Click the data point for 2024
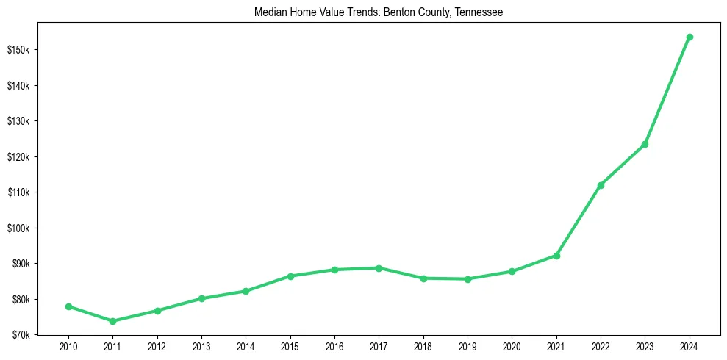(690, 37)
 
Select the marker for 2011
(112, 321)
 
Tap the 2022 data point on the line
(601, 185)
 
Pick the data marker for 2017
(379, 268)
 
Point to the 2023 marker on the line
(645, 144)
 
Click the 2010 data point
(68, 306)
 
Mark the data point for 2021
(556, 256)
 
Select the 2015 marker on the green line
(290, 276)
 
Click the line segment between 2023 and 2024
(667, 90)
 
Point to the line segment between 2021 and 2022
(579, 220)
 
